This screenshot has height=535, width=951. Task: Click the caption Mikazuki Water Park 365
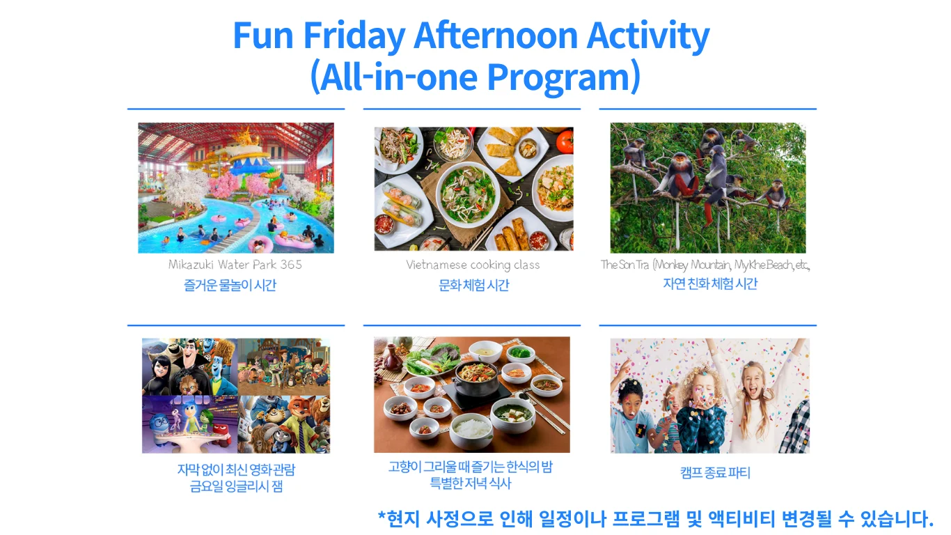235,265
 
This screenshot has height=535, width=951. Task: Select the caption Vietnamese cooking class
473,265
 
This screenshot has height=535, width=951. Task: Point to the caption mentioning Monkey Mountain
705,265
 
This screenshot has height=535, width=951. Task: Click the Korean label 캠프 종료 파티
715,472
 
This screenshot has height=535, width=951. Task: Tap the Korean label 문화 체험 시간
473,285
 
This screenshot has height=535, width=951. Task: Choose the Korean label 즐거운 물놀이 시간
230,285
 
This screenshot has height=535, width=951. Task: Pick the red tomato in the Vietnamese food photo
565,141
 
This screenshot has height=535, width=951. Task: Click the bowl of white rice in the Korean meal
472,430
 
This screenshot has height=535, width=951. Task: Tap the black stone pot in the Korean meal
475,380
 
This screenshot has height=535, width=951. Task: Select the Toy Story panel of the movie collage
283,366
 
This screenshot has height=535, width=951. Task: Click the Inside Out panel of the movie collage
189,424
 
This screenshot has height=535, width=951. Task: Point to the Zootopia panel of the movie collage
283,424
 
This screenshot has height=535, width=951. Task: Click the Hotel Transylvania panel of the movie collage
189,366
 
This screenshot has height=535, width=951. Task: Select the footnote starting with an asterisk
656,518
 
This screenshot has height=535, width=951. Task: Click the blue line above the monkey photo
708,109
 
